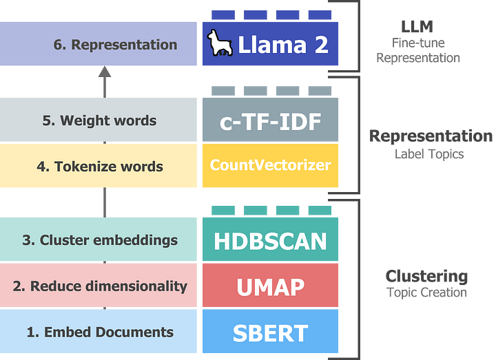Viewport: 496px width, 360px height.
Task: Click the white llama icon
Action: [x=220, y=43]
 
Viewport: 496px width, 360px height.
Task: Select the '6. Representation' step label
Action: [x=115, y=45]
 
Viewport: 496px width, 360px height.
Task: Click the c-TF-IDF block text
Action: [x=270, y=122]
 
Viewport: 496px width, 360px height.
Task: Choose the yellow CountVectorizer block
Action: [x=270, y=165]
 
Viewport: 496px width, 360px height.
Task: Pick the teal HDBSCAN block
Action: [x=270, y=241]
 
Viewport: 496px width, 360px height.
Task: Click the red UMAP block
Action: [x=270, y=286]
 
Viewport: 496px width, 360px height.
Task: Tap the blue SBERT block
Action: [x=270, y=332]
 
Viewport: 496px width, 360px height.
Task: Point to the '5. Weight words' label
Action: [x=99, y=120]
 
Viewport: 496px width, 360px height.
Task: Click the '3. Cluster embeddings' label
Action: [x=100, y=240]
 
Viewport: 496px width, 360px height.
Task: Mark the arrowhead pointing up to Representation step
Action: [x=104, y=72]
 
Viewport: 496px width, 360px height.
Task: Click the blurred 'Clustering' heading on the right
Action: [x=426, y=277]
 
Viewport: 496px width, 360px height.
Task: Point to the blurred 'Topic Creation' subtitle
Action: [x=426, y=293]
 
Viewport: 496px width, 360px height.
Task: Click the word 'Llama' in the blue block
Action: [x=270, y=45]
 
